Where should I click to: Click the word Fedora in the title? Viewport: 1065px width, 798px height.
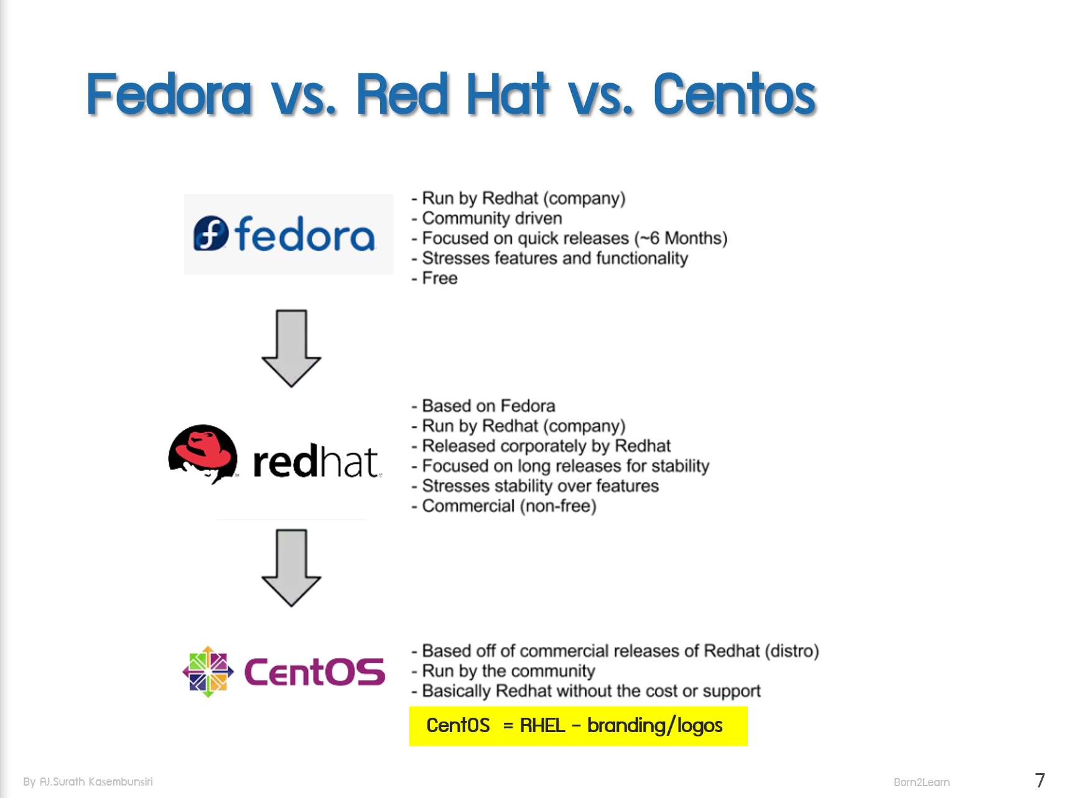pyautogui.click(x=169, y=95)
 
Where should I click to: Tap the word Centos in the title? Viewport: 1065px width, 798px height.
pyautogui.click(x=734, y=95)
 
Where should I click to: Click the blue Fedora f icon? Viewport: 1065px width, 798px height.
pyautogui.click(x=211, y=234)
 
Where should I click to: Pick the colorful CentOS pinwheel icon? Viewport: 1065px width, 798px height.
pyautogui.click(x=208, y=672)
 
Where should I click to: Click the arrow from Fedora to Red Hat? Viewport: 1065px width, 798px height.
pyautogui.click(x=291, y=348)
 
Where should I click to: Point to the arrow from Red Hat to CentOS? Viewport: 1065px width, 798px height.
pyautogui.click(x=291, y=568)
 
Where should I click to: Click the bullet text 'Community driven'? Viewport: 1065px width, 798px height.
pyautogui.click(x=491, y=218)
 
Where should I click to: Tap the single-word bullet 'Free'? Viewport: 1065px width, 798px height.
pyautogui.click(x=440, y=278)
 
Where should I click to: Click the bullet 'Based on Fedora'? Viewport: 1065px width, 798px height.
pyautogui.click(x=488, y=406)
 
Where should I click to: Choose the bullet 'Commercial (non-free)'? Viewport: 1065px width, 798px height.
pyautogui.click(x=509, y=506)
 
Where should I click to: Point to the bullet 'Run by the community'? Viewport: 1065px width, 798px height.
pyautogui.click(x=508, y=671)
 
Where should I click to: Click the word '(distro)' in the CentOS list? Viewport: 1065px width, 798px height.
pyautogui.click(x=791, y=651)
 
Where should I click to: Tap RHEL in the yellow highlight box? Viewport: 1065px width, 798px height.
pyautogui.click(x=542, y=726)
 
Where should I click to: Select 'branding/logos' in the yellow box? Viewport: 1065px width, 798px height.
pyautogui.click(x=654, y=726)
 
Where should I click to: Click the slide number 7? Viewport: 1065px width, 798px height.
pyautogui.click(x=1039, y=781)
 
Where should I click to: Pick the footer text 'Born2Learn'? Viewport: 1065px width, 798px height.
pyautogui.click(x=921, y=782)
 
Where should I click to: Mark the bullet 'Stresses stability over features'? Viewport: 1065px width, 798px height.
pyautogui.click(x=540, y=486)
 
